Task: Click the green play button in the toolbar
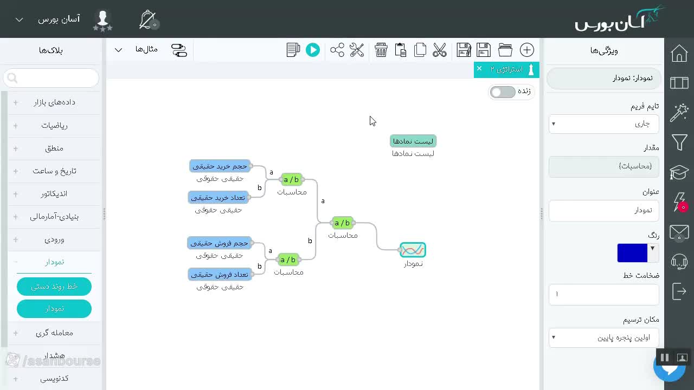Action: [x=313, y=50]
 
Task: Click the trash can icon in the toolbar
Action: [x=381, y=50]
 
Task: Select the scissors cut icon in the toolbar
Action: [x=439, y=50]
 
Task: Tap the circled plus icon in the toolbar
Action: [x=526, y=50]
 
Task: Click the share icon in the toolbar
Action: [x=337, y=50]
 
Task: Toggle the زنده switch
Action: [x=503, y=92]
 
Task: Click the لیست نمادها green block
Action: [x=413, y=141]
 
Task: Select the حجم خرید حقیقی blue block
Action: [x=220, y=166]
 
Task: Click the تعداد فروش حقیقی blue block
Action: [x=220, y=275]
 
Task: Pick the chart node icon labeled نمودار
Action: [x=413, y=250]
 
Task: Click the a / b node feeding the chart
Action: [x=342, y=223]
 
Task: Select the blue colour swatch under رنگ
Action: [x=632, y=253]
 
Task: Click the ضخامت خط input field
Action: [x=603, y=294]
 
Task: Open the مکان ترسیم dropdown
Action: [x=603, y=337]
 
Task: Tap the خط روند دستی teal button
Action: [x=54, y=287]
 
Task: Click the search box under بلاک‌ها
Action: [x=51, y=78]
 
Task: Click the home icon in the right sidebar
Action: [x=679, y=53]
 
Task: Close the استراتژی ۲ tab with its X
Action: [x=479, y=68]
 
